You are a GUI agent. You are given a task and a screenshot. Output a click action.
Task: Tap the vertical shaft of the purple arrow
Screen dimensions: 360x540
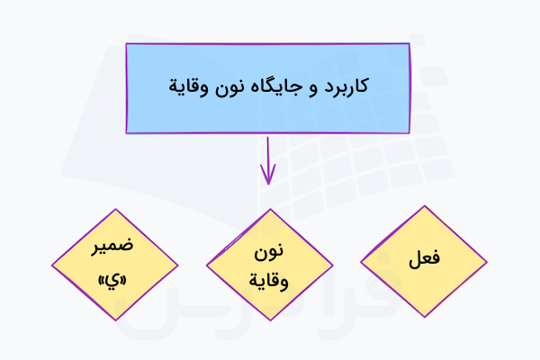click(268, 153)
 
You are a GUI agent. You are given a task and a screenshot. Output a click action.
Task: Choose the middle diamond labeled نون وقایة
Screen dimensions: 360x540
click(270, 264)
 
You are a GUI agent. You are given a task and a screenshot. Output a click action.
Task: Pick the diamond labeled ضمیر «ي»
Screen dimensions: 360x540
click(115, 264)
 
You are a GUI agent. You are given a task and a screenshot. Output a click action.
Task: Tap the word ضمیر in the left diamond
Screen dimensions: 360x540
click(114, 249)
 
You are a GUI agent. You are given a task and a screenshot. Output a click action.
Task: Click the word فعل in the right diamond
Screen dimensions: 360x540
click(424, 259)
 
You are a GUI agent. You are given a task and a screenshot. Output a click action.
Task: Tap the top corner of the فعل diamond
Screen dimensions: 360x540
click(424, 207)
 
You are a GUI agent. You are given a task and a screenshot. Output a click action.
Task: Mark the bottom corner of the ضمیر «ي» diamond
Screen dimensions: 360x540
click(115, 320)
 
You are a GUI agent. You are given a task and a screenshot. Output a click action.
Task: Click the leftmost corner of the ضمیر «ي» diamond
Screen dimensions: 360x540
click(52, 264)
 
